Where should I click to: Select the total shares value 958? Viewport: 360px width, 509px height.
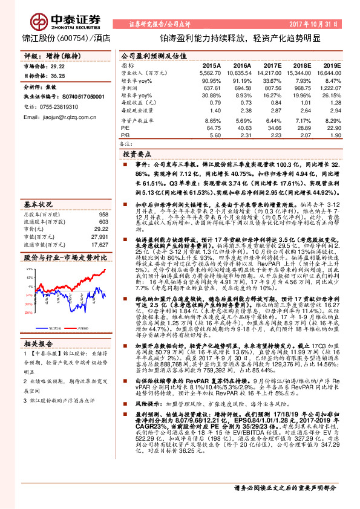[103, 198]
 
